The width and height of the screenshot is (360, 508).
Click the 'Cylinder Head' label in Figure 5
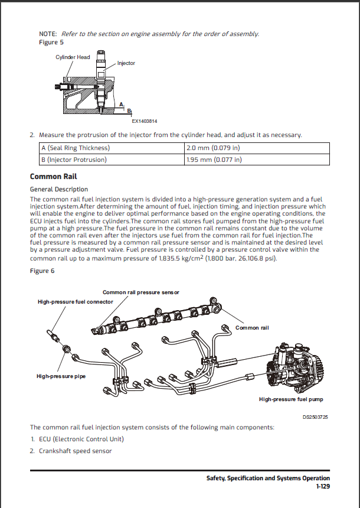(73, 57)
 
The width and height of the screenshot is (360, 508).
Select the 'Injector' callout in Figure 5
(126, 63)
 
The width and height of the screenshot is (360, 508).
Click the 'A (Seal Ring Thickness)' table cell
(75, 148)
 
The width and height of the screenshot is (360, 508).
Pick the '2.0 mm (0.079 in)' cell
(213, 148)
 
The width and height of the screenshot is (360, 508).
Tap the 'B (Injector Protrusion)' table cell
(74, 159)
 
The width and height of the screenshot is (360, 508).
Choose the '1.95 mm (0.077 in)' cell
(214, 159)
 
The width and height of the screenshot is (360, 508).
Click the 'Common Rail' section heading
(53, 177)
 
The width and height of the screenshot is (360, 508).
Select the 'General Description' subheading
(58, 189)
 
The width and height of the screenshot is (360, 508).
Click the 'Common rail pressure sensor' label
(140, 292)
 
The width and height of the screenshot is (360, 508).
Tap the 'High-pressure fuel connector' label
(75, 302)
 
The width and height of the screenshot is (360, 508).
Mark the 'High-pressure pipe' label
(61, 376)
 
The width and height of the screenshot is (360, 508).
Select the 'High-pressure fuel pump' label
(291, 399)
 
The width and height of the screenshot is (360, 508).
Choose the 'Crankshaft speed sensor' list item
(75, 451)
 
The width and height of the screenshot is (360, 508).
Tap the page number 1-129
(322, 486)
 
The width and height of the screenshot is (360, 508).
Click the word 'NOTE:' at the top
(48, 34)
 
